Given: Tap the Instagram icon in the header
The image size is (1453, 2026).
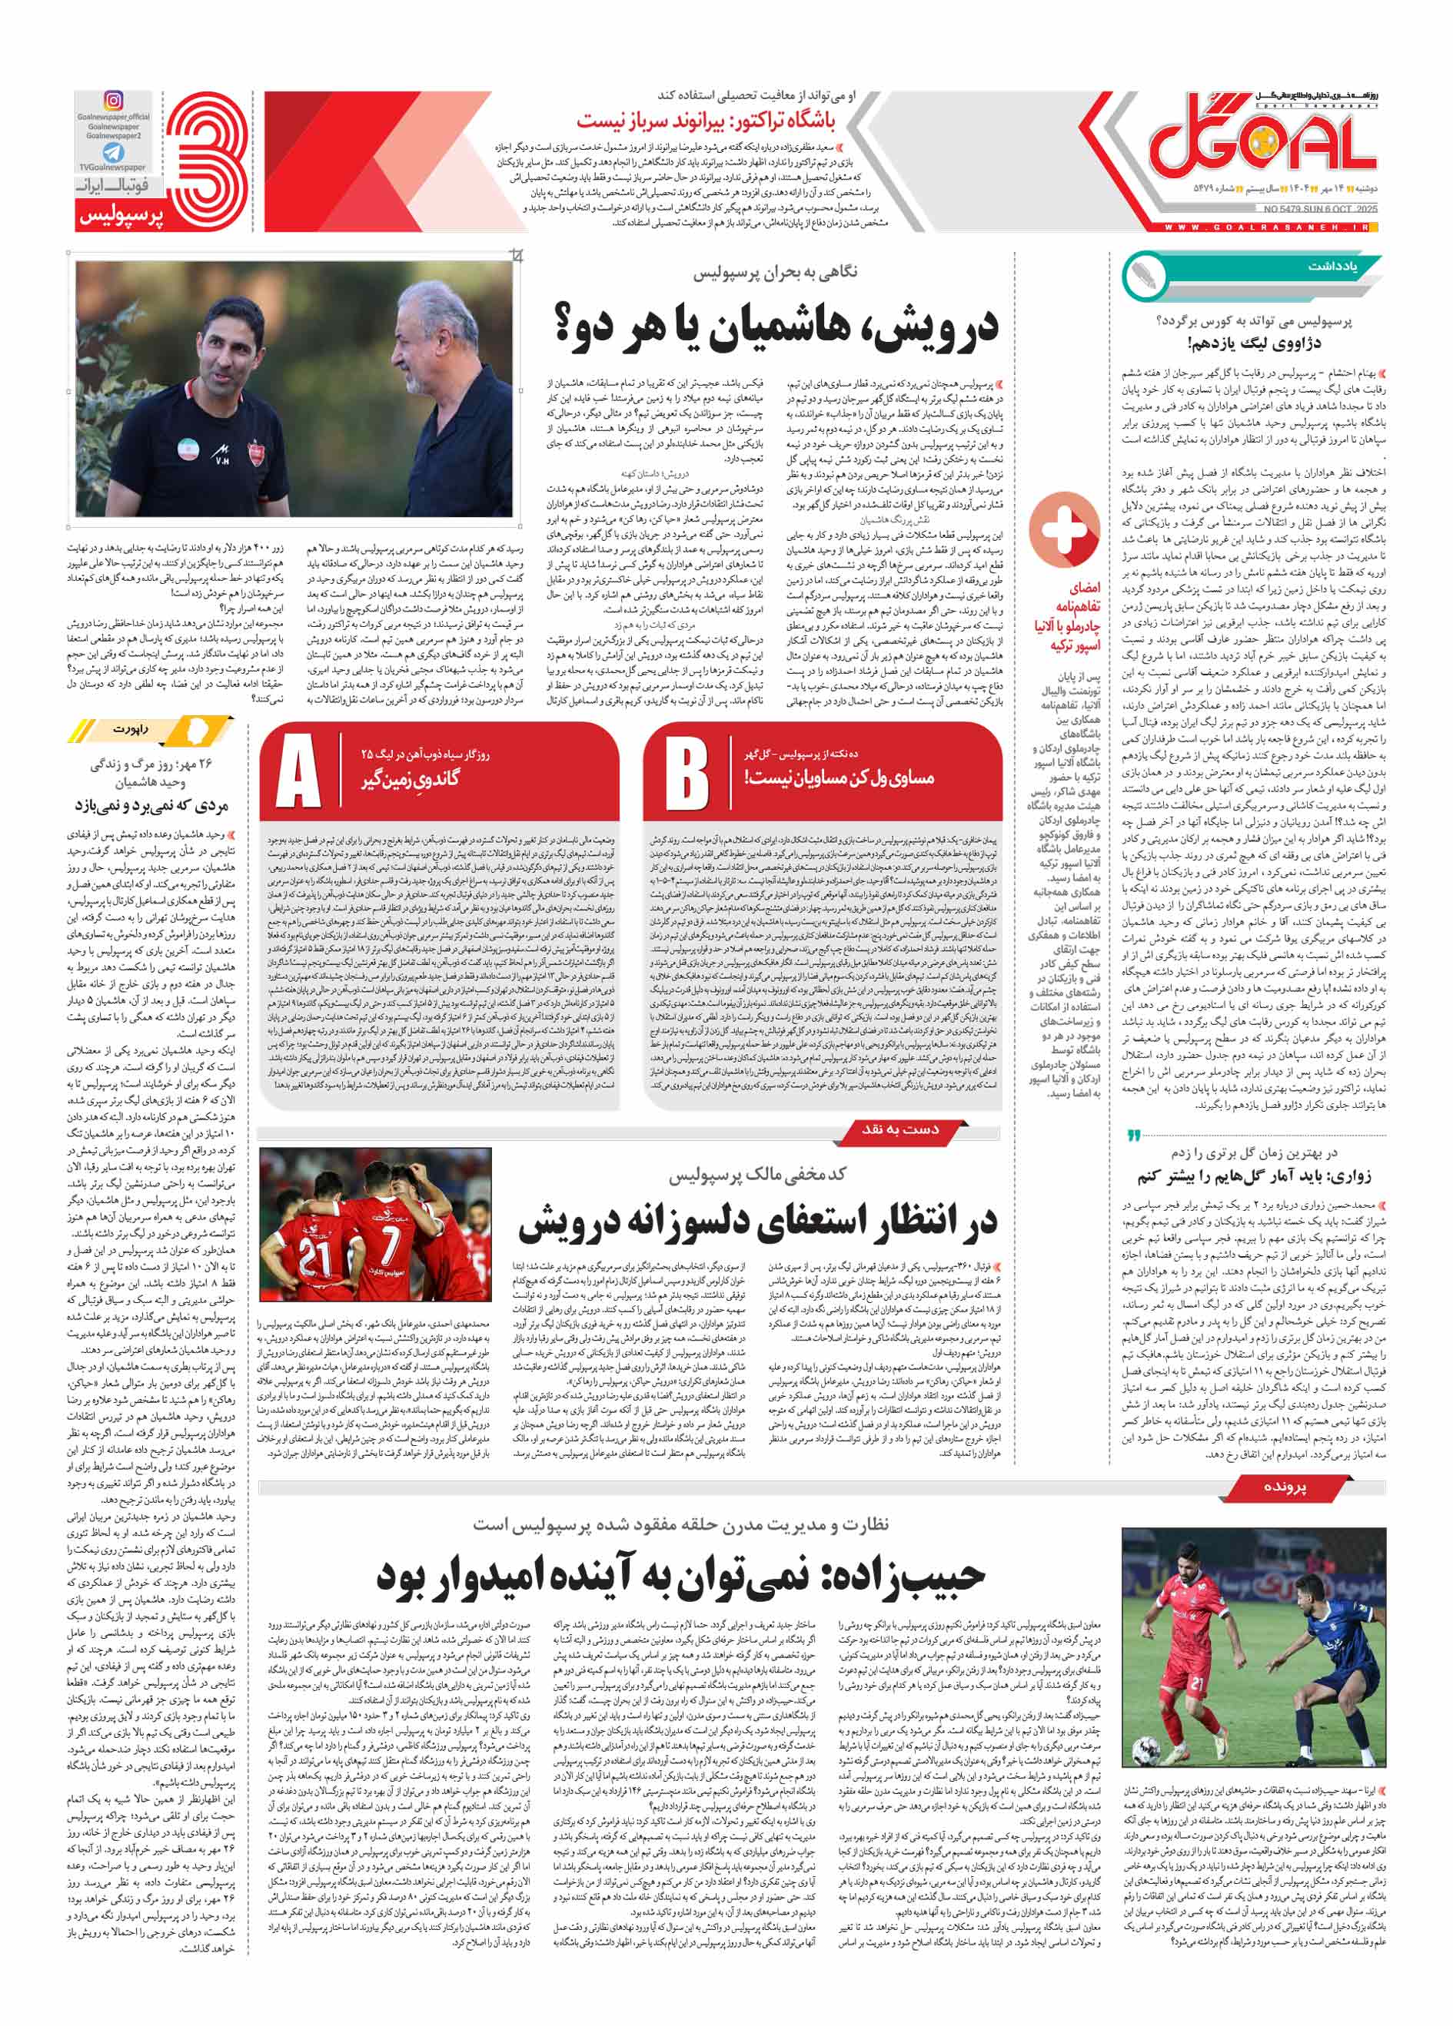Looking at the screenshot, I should click(114, 100).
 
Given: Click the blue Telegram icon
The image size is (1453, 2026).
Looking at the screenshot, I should click(114, 153).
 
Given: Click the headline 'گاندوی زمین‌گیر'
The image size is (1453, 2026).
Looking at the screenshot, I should click(411, 778).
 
